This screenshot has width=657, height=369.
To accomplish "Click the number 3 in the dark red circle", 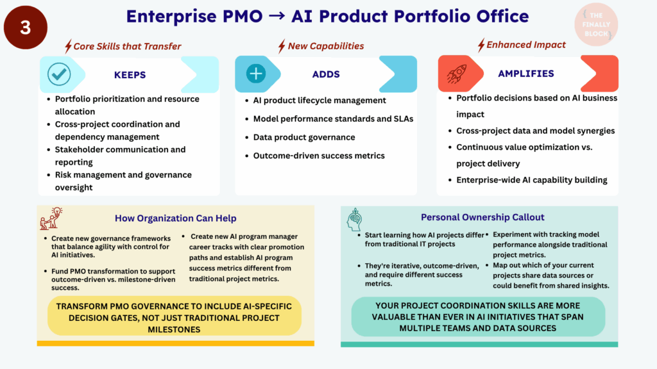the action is [x=26, y=28].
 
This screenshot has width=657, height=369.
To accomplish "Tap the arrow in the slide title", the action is [x=277, y=16].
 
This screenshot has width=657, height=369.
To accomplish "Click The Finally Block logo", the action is [x=596, y=24].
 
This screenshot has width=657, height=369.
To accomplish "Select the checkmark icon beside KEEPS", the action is [x=59, y=74].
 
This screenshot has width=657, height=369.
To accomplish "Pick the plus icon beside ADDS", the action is [x=255, y=74].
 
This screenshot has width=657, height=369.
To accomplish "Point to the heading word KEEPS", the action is [x=130, y=75].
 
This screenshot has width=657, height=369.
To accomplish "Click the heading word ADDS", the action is [x=326, y=74].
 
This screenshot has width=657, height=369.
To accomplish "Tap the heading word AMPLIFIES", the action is [x=526, y=74].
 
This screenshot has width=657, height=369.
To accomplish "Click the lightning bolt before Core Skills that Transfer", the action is [x=68, y=46].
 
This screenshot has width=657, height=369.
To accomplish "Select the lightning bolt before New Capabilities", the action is [x=282, y=46].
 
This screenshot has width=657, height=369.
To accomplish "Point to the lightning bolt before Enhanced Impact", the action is [x=481, y=45].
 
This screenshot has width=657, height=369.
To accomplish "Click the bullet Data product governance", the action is [x=303, y=137].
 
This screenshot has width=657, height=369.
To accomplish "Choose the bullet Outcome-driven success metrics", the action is [x=319, y=156].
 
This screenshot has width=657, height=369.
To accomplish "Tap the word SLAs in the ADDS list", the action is [x=404, y=119].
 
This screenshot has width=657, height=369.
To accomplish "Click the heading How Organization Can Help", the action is [x=176, y=218].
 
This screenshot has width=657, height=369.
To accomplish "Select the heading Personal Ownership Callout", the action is [x=482, y=217].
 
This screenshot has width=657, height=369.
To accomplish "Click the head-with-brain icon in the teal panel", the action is [x=354, y=220].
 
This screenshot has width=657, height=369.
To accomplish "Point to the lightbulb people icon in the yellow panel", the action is [x=51, y=218].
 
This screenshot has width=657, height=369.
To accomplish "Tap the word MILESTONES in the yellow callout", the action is [x=174, y=330].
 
